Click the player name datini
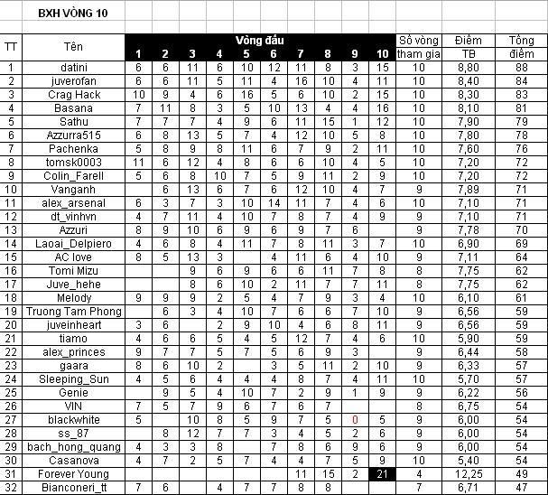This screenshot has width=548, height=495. (73, 68)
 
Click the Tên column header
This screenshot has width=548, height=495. (73, 47)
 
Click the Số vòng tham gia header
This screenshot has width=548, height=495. (418, 47)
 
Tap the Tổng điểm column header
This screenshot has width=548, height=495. (521, 47)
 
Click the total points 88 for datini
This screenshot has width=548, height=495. (521, 68)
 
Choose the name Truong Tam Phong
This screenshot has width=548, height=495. (73, 312)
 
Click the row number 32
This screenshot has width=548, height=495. (11, 488)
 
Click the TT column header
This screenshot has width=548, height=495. (11, 47)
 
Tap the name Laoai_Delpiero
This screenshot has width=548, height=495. (73, 244)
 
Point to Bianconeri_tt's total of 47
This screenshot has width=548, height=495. (521, 488)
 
